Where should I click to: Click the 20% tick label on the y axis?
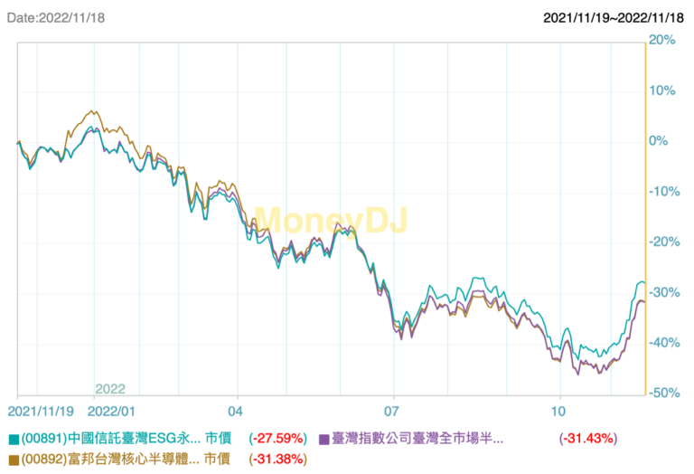click(x=663, y=40)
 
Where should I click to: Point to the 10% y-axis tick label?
click(x=663, y=90)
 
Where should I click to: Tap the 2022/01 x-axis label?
click(x=111, y=410)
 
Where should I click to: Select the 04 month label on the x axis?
click(x=238, y=410)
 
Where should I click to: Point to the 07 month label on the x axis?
click(x=392, y=410)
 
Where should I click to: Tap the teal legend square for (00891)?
click(x=14, y=439)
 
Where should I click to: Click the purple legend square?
click(x=324, y=439)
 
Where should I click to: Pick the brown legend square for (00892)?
click(x=14, y=459)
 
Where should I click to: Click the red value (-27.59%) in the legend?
click(x=277, y=439)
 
